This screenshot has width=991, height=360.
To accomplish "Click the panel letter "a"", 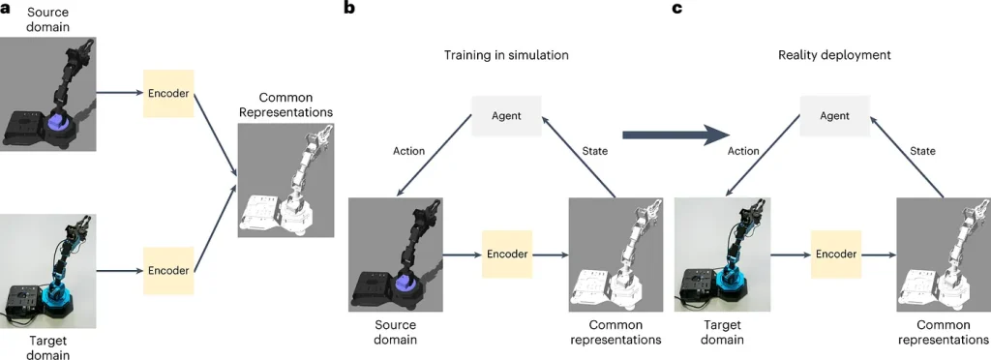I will (x=6, y=9).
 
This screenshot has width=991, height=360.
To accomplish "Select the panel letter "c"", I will (x=677, y=9).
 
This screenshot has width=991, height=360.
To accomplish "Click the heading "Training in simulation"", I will (x=506, y=55).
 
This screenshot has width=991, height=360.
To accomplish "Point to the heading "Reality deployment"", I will (x=834, y=55).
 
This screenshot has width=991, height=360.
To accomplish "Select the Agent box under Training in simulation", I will (x=506, y=116).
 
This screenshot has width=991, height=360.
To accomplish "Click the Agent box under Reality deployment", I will (x=834, y=116).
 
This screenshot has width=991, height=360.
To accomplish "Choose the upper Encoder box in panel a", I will (x=169, y=93).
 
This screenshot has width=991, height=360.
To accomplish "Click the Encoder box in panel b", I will (x=506, y=255).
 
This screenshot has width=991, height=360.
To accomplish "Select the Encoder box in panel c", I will (x=834, y=255).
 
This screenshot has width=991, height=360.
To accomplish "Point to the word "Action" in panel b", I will (x=408, y=151).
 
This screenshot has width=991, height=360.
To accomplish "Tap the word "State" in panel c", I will (x=922, y=151).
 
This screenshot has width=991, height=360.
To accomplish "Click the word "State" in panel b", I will (x=594, y=151).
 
